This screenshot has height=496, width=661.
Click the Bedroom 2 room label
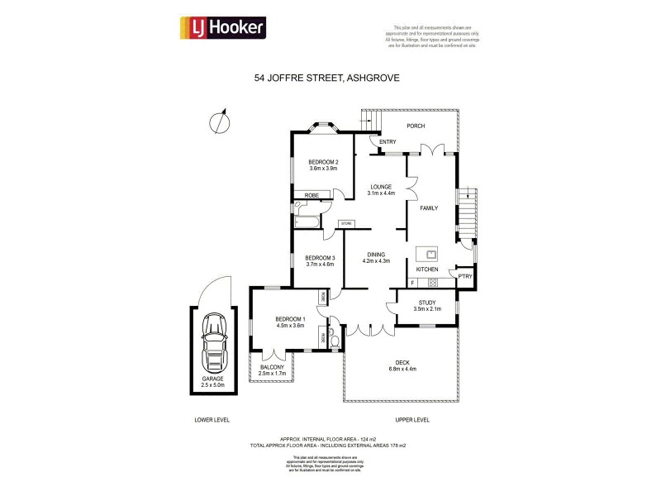(324, 165)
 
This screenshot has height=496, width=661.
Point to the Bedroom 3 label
(320, 260)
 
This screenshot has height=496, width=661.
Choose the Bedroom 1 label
(290, 322)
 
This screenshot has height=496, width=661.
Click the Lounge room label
(381, 189)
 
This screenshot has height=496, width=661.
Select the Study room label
(426, 305)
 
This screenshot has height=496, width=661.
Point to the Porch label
(415, 126)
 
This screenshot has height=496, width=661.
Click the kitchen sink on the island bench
(430, 253)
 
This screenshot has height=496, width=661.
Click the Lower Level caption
(212, 419)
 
